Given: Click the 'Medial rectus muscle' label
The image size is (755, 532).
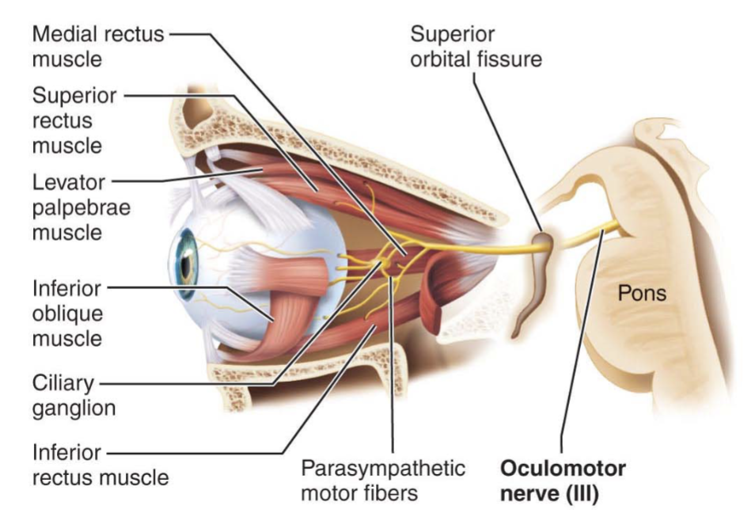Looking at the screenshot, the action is tap(98, 47).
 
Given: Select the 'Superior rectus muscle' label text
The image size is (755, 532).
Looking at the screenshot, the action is tap(74, 120).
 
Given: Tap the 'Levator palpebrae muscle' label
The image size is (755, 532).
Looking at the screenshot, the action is tap(82, 207).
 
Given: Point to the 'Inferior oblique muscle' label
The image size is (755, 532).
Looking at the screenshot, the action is tap(67, 313).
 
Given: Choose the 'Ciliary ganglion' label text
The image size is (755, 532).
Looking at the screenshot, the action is tap(74, 396).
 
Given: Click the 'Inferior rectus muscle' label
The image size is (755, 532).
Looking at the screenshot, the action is tap(101, 465).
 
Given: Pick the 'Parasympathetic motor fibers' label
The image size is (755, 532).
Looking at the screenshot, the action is tap(383, 481).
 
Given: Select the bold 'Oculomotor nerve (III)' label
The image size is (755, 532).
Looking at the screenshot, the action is tap(563, 481).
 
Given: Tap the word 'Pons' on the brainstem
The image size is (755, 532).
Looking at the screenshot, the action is tap(642, 293).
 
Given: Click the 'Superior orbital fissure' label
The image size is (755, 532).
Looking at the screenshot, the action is tap(476, 47).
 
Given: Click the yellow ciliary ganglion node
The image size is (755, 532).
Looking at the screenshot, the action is tap(385, 264).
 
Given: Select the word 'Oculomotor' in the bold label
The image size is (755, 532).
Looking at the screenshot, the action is tap(563, 468).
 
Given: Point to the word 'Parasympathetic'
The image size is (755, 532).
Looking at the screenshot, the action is tap(383, 469).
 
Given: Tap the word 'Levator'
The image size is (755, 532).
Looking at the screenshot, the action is tap(68, 182).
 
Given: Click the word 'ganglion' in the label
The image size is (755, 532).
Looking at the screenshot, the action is tap(74, 408).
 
